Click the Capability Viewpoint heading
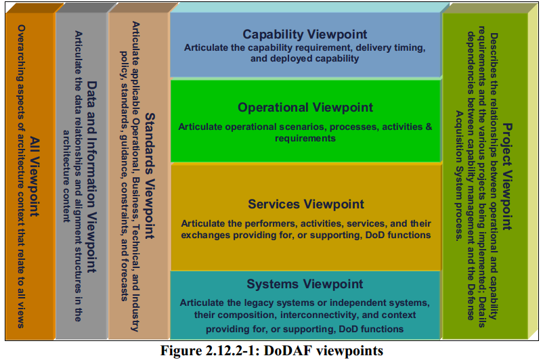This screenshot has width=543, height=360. pyautogui.click(x=305, y=35)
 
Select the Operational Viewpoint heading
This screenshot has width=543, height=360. pyautogui.click(x=305, y=108)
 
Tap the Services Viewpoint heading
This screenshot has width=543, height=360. pyautogui.click(x=305, y=204)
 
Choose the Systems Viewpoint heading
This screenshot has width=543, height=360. pyautogui.click(x=305, y=284)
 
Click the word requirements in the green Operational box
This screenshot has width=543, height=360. pyautogui.click(x=305, y=138)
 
